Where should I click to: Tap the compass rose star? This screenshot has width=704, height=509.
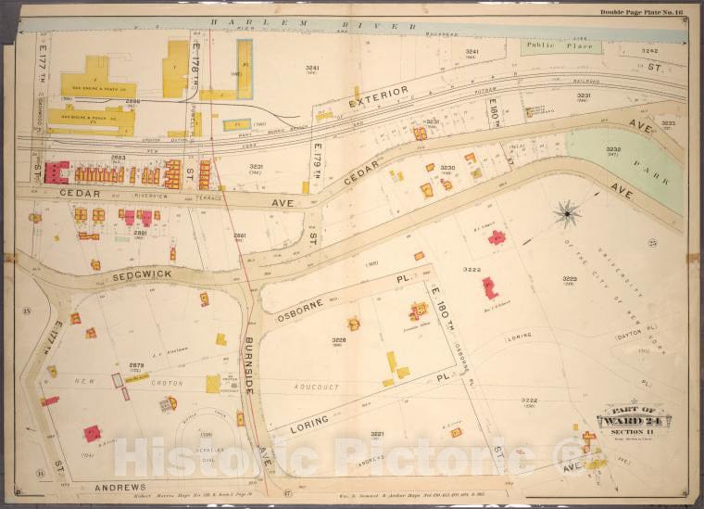[x=566, y=215]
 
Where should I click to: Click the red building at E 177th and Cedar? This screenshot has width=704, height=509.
[x=57, y=172]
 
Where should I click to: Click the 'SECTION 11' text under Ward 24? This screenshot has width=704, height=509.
[x=633, y=433]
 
